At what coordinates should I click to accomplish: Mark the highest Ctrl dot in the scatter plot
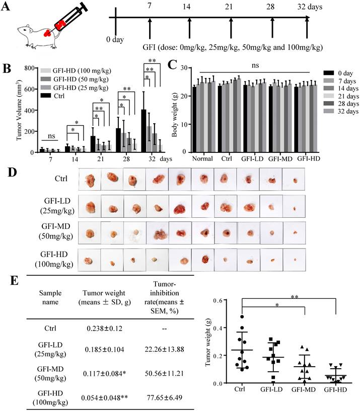pyautogui.click(x=242, y=317)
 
